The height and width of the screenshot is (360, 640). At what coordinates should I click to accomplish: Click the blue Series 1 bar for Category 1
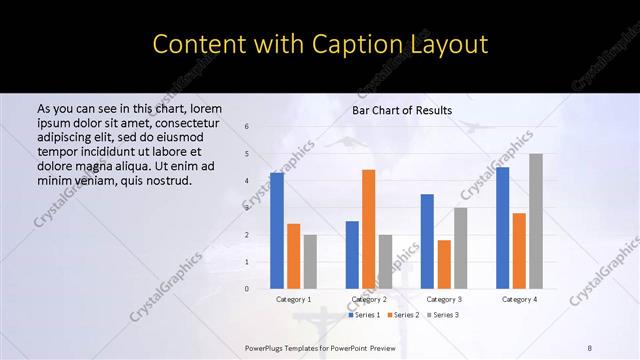pos(277,230)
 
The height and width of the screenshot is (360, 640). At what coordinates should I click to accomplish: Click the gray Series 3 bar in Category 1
pos(310,261)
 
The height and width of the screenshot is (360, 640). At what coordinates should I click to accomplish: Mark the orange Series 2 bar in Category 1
pos(293,255)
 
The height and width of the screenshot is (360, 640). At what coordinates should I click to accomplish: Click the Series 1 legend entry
pos(364,315)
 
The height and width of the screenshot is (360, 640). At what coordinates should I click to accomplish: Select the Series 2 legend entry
pos(402,315)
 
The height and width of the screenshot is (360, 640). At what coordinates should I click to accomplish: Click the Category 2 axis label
pos(369,299)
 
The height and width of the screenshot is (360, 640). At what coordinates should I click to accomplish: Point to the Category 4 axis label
pos(519,299)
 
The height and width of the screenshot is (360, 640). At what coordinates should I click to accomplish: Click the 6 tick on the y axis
pos(247,127)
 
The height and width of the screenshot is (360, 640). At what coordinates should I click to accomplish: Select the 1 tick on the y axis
pos(247,261)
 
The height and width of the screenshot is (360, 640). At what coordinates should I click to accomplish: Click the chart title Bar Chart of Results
pos(402,110)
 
